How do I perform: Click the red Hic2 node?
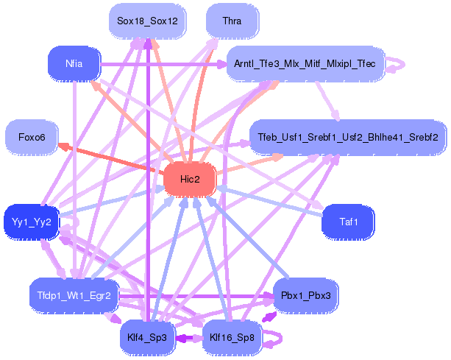tap(190, 180)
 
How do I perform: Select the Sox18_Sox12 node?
tap(147, 21)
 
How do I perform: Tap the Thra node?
tap(232, 21)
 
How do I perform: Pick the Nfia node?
tap(74, 63)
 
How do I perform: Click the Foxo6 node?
tap(32, 137)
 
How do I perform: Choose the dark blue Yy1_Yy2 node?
tap(32, 222)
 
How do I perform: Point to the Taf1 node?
tap(348, 222)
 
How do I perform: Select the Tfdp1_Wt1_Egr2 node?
tap(74, 295)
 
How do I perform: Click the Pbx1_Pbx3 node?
tap(306, 295)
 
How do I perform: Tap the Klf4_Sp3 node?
tap(147, 338)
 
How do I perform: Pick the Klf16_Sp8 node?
tap(232, 338)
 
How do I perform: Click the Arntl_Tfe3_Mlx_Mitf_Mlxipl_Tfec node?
tap(305, 63)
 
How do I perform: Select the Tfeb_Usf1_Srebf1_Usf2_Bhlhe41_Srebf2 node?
tap(348, 137)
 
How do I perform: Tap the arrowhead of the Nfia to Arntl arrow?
tap(221, 64)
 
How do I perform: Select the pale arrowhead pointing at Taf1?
tap(318, 205)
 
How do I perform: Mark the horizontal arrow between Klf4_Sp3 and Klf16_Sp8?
tap(188, 338)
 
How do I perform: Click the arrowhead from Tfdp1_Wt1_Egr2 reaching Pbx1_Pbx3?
tap(269, 295)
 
